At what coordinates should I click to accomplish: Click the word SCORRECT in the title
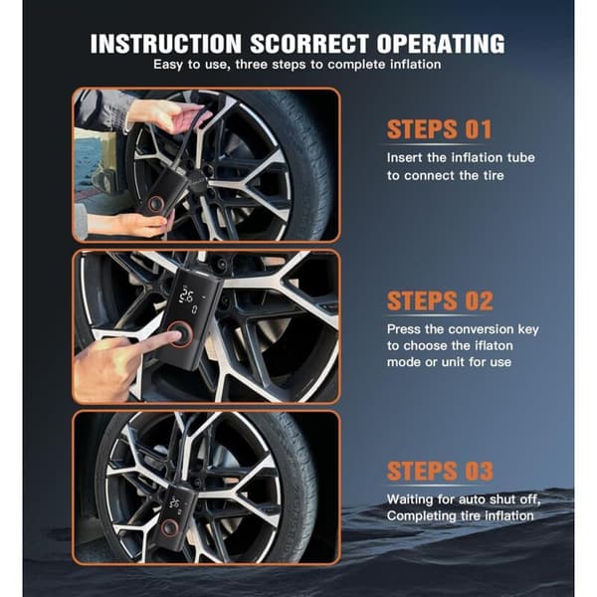(x=309, y=44)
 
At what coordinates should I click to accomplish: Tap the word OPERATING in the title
(x=441, y=44)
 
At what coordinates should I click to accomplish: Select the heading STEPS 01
(x=440, y=129)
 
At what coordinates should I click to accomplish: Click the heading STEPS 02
(x=440, y=300)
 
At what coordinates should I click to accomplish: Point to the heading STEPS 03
(x=440, y=471)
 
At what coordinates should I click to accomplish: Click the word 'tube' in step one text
(x=520, y=157)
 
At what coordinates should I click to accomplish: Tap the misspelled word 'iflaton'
(x=494, y=345)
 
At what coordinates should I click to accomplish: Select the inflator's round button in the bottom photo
(x=169, y=527)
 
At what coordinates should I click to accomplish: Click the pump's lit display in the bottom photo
(x=175, y=503)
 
